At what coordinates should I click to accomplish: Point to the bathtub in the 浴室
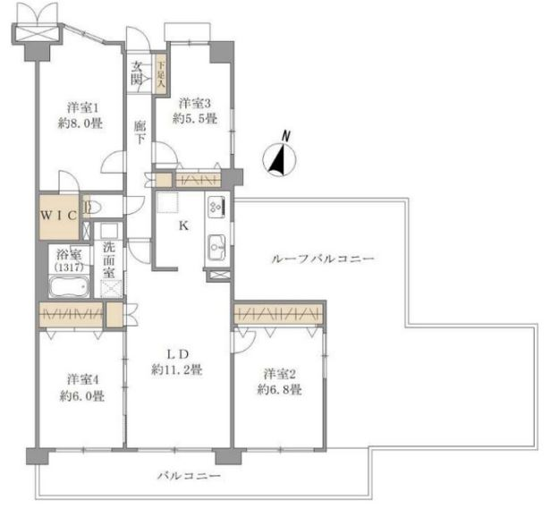[68, 287]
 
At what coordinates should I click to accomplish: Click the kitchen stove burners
[217, 208]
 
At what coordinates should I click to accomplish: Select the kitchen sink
[216, 244]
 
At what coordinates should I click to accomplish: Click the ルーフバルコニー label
[322, 259]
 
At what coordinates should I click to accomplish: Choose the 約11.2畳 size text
[177, 368]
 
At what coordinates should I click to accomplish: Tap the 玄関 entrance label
[138, 72]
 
